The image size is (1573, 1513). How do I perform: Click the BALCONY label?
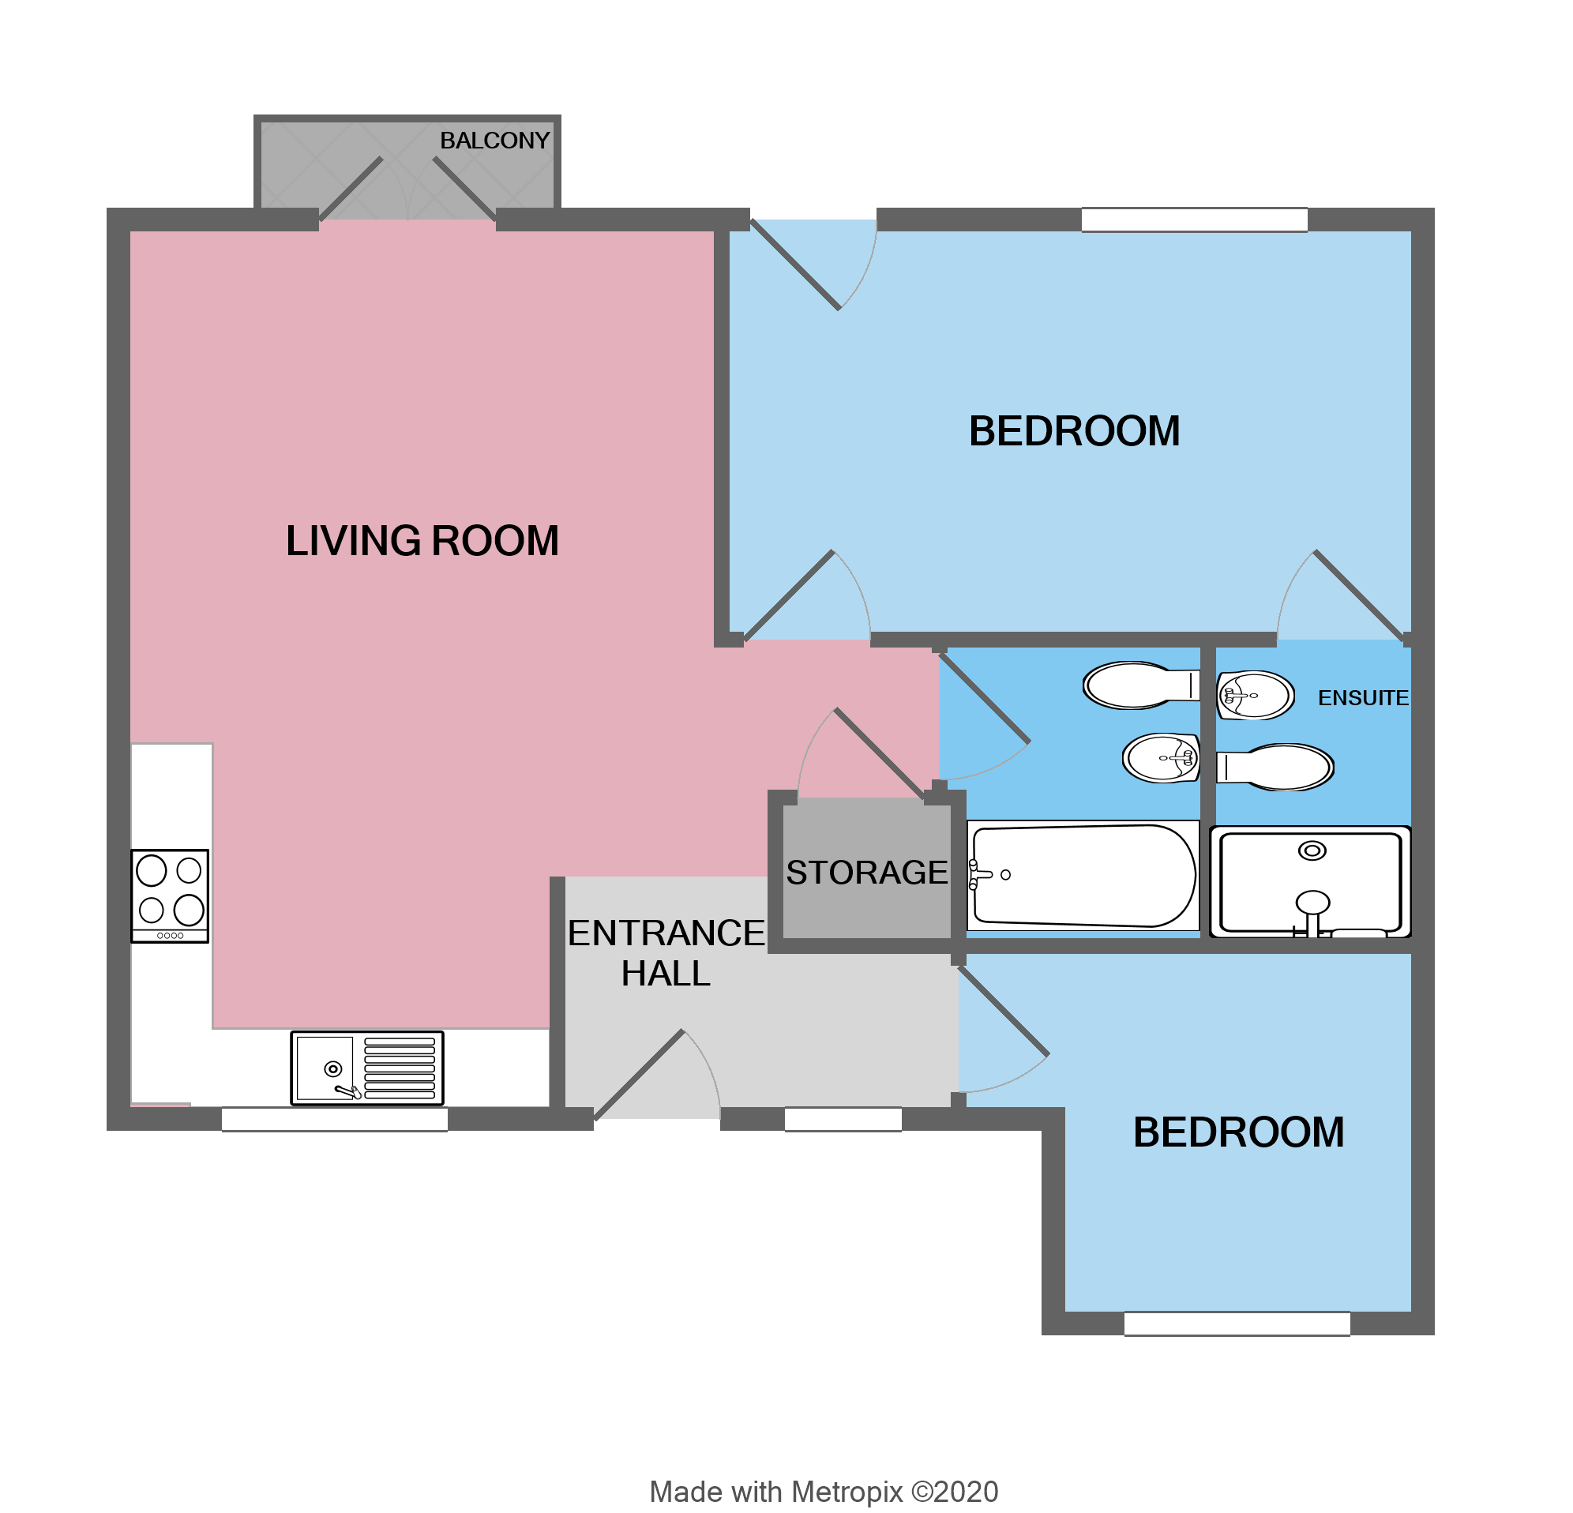pyautogui.click(x=494, y=141)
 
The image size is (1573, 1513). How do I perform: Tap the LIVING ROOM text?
pyautogui.click(x=422, y=540)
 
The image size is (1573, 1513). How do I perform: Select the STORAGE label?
pyautogui.click(x=866, y=873)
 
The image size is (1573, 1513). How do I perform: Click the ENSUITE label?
pyautogui.click(x=1362, y=697)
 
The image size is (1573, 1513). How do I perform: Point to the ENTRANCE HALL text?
pyautogui.click(x=666, y=953)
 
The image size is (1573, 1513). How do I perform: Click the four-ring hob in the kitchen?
pyautogui.click(x=169, y=895)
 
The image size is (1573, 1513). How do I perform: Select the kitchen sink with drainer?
pyautogui.click(x=366, y=1068)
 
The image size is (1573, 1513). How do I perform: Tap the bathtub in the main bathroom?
pyautogui.click(x=1082, y=876)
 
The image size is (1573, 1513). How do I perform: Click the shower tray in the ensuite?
pyautogui.click(x=1310, y=881)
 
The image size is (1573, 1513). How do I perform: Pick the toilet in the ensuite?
pyautogui.click(x=1276, y=767)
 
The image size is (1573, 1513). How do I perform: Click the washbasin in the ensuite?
pyautogui.click(x=1255, y=695)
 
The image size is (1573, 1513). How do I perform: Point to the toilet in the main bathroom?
pyautogui.click(x=1139, y=685)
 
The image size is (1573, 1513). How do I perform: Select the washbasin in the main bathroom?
pyautogui.click(x=1162, y=758)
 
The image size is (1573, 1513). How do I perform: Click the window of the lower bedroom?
pyautogui.click(x=1236, y=1323)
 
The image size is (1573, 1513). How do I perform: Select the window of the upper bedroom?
pyautogui.click(x=1193, y=220)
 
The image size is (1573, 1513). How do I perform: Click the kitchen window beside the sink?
pyautogui.click(x=335, y=1119)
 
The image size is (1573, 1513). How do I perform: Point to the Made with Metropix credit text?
pyautogui.click(x=824, y=1492)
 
